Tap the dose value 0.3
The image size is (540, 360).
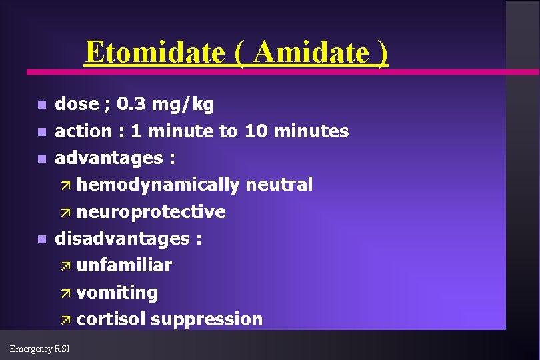(x=131, y=104)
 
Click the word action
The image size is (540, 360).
(x=84, y=131)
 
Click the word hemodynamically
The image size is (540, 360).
(x=157, y=185)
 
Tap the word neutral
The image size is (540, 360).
(x=279, y=185)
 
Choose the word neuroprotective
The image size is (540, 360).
(x=151, y=212)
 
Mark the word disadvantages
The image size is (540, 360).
(x=123, y=239)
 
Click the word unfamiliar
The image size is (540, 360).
(x=124, y=265)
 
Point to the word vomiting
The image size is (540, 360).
(x=117, y=293)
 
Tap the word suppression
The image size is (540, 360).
(x=207, y=319)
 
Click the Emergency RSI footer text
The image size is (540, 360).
(x=40, y=348)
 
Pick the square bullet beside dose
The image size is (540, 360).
(x=41, y=105)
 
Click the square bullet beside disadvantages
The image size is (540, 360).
(x=41, y=239)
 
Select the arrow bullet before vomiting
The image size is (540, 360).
(x=65, y=293)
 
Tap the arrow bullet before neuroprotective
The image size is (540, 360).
(x=65, y=213)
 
